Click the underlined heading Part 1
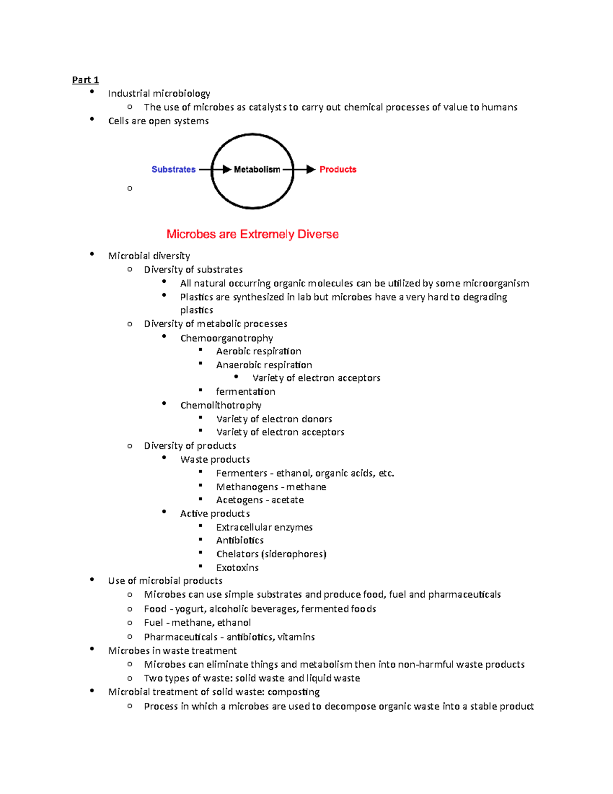click(x=85, y=80)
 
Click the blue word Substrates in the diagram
click(x=173, y=170)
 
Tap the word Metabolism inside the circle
click(x=256, y=170)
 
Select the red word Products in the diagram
click(x=338, y=170)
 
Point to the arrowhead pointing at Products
click(x=311, y=170)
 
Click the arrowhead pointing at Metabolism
click(x=227, y=170)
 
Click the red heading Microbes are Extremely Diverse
click(x=252, y=234)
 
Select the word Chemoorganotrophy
click(x=226, y=338)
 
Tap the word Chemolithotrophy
click(x=221, y=405)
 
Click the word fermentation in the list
click(x=245, y=392)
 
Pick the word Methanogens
click(x=247, y=487)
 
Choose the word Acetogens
click(x=239, y=500)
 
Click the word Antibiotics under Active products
click(x=240, y=540)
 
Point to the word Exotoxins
click(x=237, y=568)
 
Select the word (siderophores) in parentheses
click(x=294, y=554)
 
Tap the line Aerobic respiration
click(x=258, y=351)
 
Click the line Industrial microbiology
click(x=159, y=94)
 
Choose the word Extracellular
click(x=244, y=527)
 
